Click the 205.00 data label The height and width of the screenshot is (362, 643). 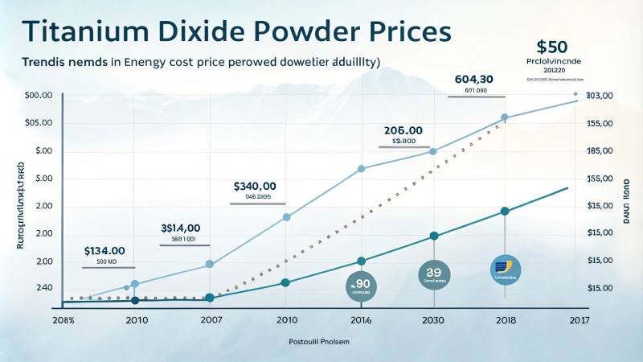pos(403,130)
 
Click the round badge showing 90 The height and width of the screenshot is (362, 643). pos(361,284)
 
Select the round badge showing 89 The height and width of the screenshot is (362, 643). pos(434,274)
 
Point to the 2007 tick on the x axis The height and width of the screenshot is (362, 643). pos(210,320)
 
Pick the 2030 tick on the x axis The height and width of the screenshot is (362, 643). pos(434,320)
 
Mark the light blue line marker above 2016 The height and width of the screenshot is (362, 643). pos(361,168)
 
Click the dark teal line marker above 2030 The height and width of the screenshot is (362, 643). pos(434,236)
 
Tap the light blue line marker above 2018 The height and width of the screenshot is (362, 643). pos(505,117)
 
